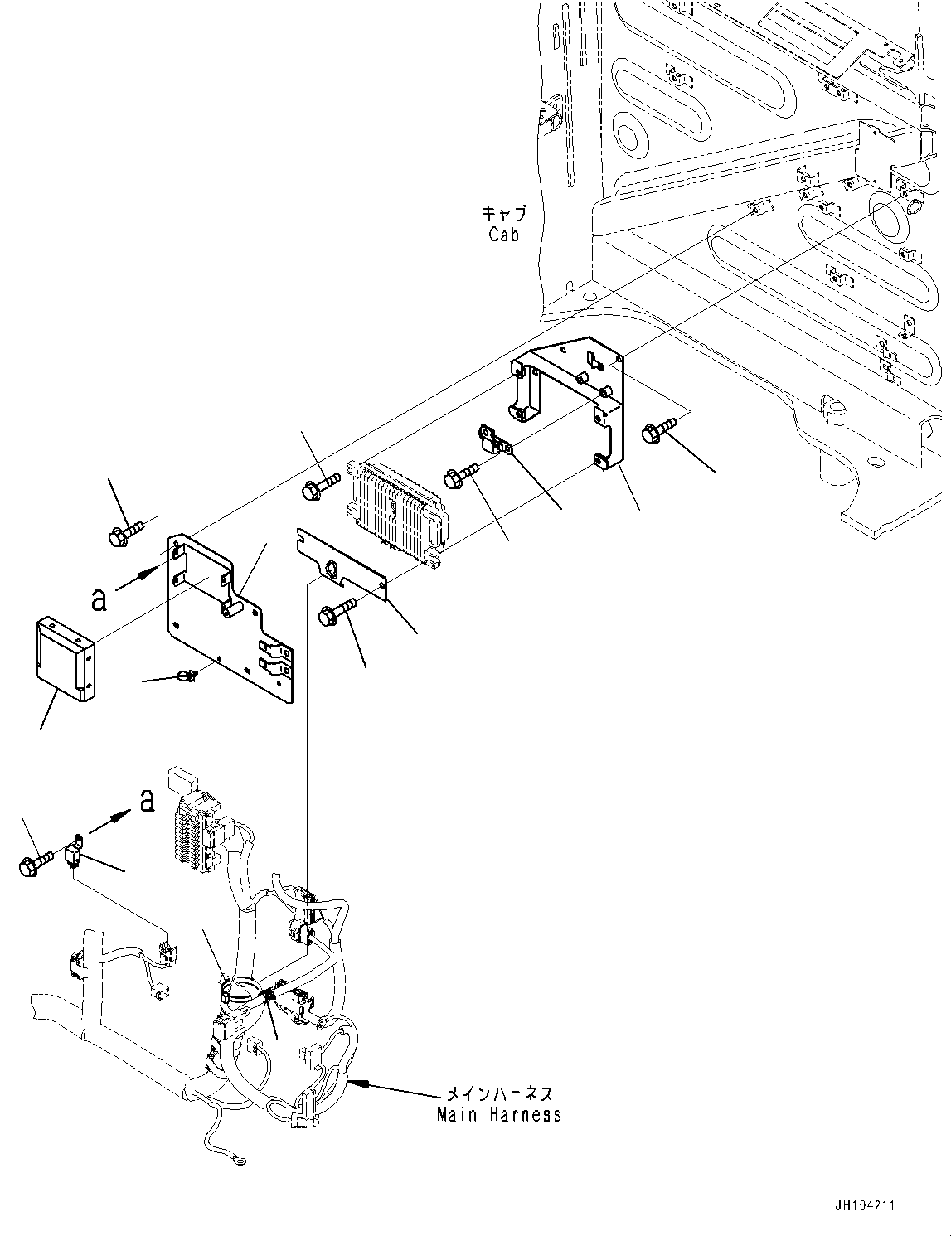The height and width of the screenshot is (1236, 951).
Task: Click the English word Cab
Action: pyautogui.click(x=503, y=235)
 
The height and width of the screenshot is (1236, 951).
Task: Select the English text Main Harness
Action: pyautogui.click(x=499, y=1114)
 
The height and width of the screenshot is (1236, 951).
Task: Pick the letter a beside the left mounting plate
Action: pyautogui.click(x=99, y=599)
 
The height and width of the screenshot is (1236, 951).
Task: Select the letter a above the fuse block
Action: pyautogui.click(x=147, y=800)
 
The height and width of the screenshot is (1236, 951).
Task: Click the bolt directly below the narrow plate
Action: pyautogui.click(x=336, y=613)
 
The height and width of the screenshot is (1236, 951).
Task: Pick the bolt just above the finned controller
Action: pyautogui.click(x=320, y=484)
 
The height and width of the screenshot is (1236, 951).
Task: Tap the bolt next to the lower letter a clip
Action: pyautogui.click(x=35, y=863)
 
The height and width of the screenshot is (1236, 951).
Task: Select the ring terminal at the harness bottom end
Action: pyautogui.click(x=240, y=1162)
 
